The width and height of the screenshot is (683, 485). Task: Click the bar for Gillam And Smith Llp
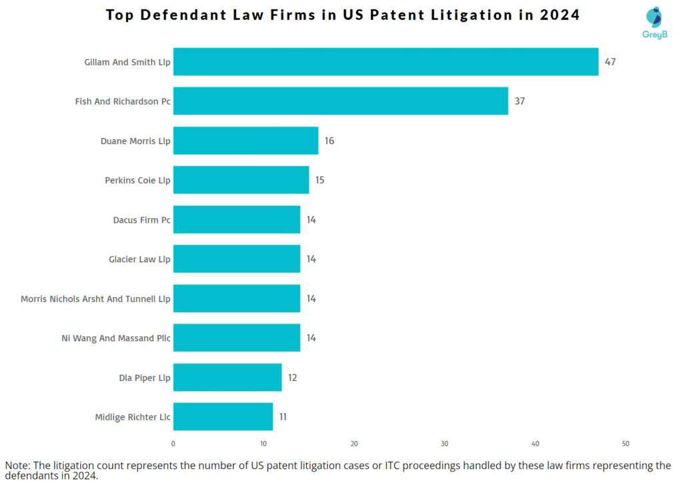click(x=386, y=62)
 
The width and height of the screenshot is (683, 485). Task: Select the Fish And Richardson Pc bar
click(x=340, y=101)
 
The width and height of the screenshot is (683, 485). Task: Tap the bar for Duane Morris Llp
click(x=245, y=141)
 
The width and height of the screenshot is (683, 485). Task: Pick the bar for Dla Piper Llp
click(x=227, y=378)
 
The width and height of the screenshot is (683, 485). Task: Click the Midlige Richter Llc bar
click(x=223, y=417)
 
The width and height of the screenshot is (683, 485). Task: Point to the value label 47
click(x=610, y=62)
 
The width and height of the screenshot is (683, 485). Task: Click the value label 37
click(x=520, y=101)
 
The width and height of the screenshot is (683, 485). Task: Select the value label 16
click(x=329, y=141)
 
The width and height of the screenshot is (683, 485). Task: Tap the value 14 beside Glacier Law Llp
click(x=311, y=259)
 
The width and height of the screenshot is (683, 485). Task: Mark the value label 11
click(x=283, y=417)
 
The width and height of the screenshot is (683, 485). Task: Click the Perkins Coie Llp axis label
click(x=137, y=180)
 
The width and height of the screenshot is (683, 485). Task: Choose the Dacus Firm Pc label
click(x=141, y=219)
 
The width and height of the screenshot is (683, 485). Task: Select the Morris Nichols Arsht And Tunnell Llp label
click(x=95, y=299)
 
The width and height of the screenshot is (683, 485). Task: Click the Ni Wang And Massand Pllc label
click(x=115, y=338)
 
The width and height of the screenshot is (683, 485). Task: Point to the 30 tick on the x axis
click(x=444, y=444)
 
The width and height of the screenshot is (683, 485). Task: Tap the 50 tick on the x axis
click(x=625, y=444)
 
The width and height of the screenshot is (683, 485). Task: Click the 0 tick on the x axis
click(x=173, y=444)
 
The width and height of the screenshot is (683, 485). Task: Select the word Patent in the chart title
click(x=404, y=15)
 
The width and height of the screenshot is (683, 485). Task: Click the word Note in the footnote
click(x=18, y=465)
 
